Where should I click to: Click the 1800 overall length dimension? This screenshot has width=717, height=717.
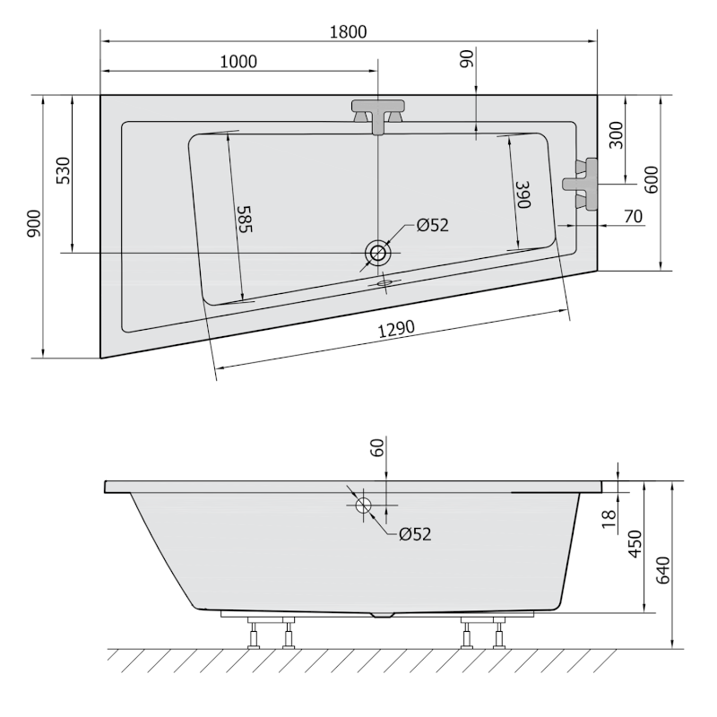[348, 31]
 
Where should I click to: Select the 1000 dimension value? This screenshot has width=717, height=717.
[238, 61]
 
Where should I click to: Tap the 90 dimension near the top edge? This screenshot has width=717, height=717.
[465, 60]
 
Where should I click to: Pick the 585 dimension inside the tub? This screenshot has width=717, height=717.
[245, 218]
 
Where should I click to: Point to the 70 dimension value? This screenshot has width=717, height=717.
[633, 216]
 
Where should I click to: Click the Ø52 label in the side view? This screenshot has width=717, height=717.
[415, 534]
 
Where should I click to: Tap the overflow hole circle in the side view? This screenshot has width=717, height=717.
[364, 505]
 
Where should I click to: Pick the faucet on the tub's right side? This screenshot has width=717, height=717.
[581, 183]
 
